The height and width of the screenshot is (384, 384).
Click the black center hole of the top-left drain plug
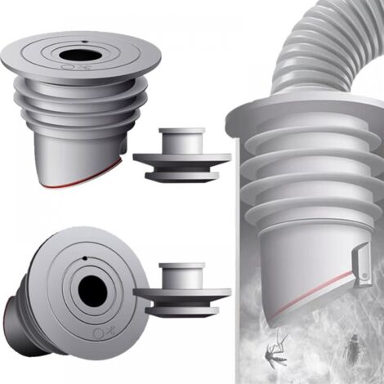click(84, 56)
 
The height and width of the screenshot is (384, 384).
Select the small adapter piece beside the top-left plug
click(181, 154)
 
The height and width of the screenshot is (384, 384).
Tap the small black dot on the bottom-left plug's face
click(84, 259)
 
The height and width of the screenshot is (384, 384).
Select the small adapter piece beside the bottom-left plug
click(181, 289)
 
